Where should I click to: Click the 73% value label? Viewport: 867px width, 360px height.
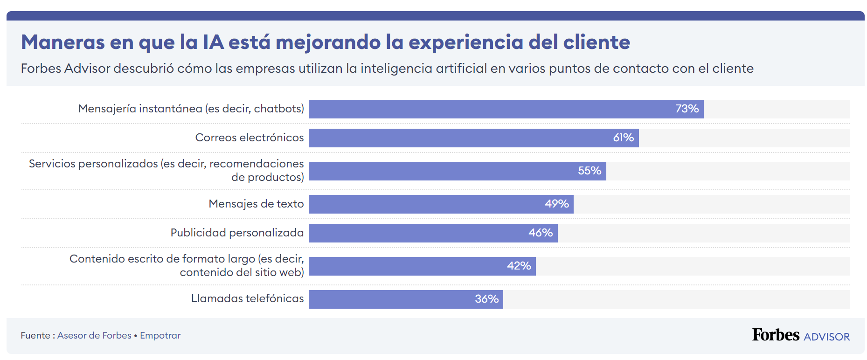(x=687, y=109)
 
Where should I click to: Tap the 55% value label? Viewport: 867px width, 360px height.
(x=589, y=171)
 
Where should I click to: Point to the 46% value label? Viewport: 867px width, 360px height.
(x=540, y=233)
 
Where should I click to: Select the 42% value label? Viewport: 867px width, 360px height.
(x=519, y=266)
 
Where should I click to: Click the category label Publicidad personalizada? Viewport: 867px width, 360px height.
(x=237, y=233)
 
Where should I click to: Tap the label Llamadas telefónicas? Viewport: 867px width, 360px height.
(x=247, y=298)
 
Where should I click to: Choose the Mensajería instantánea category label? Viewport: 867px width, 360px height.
(x=191, y=109)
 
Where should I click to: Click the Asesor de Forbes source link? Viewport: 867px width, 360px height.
(x=94, y=335)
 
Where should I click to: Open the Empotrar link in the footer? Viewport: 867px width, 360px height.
(x=160, y=335)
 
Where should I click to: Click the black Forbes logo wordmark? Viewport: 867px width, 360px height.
(x=775, y=335)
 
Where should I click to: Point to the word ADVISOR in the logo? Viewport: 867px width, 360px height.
(x=826, y=337)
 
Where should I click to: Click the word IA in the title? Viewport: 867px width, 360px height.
(x=213, y=42)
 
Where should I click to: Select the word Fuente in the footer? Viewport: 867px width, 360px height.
(x=35, y=335)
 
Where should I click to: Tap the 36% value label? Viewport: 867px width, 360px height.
(x=486, y=299)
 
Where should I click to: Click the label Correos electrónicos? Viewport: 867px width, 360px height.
(x=249, y=138)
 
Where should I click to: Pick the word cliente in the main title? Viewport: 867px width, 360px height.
(x=596, y=42)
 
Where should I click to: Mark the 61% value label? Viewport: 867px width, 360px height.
(x=623, y=138)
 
